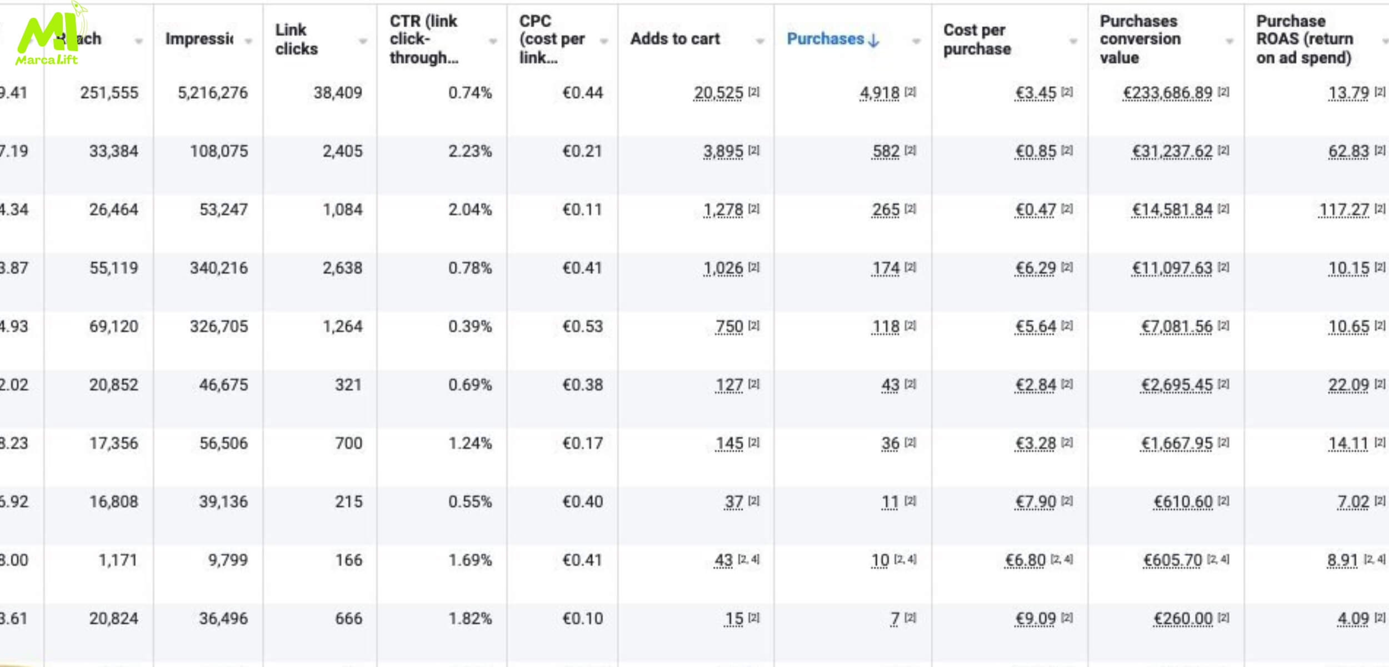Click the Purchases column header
tap(825, 39)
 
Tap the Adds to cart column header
tap(674, 39)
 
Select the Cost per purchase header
tap(977, 39)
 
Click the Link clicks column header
tap(296, 39)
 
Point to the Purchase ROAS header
tap(1303, 39)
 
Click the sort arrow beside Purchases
tap(874, 40)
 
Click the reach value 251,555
tap(109, 93)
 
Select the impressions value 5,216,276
tap(212, 93)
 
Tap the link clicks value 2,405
tap(342, 151)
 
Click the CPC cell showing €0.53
tap(582, 326)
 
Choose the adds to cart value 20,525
tap(718, 93)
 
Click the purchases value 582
tap(886, 151)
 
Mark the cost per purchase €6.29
tap(1035, 268)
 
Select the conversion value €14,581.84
tap(1172, 210)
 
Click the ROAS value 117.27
tap(1343, 210)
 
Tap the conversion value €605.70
tap(1172, 560)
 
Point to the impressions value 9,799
tap(228, 560)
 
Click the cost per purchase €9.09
tap(1035, 618)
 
